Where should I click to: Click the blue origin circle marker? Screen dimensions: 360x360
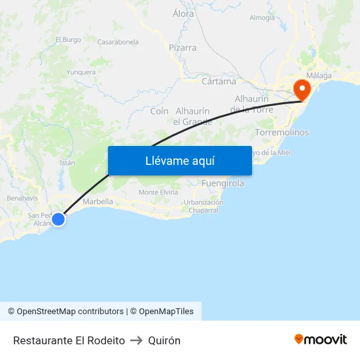pos(58,219)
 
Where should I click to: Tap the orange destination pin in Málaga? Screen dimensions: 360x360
pos(302,89)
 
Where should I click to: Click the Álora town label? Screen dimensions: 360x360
pos(183,13)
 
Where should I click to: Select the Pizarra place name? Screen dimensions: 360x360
pos(183,48)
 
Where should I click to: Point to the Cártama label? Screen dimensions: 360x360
pos(219,82)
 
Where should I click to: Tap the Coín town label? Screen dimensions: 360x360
pos(160,111)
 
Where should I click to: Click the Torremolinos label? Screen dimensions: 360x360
pos(282,132)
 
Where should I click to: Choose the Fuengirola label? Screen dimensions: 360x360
pos(223,183)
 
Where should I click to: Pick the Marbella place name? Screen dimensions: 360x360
pos(98,202)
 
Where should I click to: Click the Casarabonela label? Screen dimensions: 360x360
pos(118,42)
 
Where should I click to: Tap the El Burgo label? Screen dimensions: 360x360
pos(68,39)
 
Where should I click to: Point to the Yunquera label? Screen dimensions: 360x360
pos(81,73)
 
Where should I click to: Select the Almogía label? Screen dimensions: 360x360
pos(262,18)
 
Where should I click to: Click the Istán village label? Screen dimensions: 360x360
pos(67,162)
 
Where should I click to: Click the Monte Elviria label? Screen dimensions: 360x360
pos(158,192)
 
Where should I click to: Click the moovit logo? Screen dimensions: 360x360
pos(321,340)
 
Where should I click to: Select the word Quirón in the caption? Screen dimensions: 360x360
pos(164,340)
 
